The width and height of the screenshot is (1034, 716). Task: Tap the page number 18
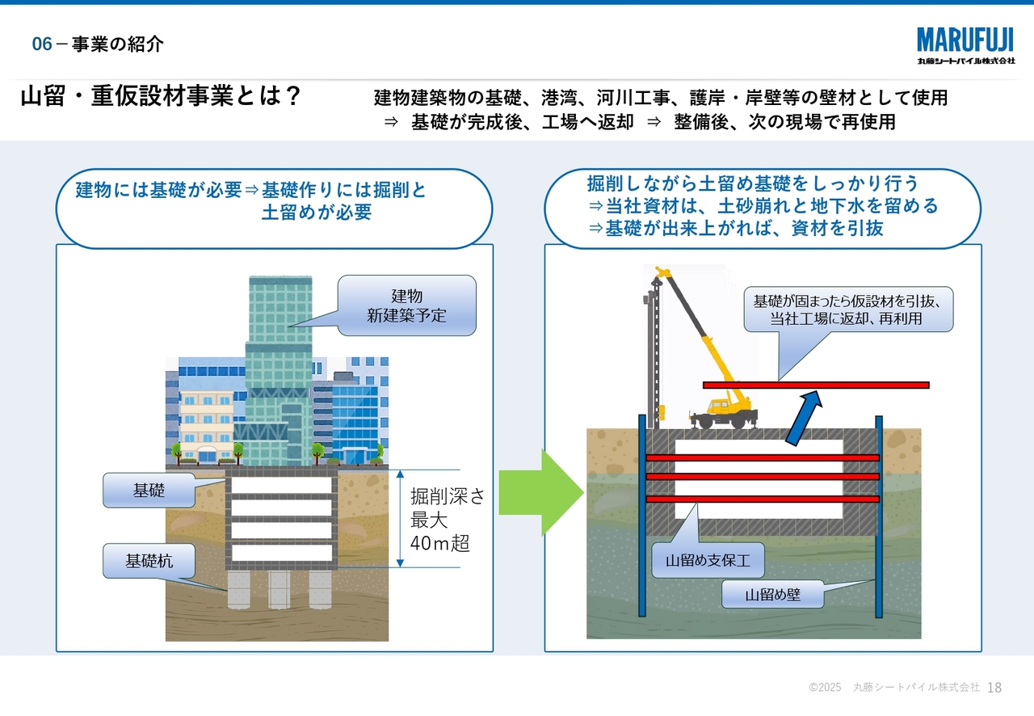coord(994,688)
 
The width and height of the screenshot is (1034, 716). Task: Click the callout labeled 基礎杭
coord(149,561)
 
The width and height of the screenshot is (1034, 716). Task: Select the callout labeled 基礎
coord(149,490)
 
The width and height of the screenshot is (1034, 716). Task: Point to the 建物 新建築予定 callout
coord(406,305)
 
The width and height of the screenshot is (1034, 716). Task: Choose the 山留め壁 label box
coord(772,596)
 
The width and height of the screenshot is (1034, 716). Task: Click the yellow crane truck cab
coord(717,405)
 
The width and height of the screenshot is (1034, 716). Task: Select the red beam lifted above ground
coord(816,385)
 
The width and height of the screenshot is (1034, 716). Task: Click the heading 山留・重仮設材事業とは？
coord(161,98)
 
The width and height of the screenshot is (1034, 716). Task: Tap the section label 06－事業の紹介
coord(98,44)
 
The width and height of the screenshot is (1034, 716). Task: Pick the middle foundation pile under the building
coord(280,590)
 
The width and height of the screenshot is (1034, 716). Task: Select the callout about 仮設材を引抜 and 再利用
coord(848,310)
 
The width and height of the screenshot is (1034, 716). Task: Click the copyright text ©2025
coord(825,688)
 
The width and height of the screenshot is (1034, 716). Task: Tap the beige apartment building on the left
coord(205,424)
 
